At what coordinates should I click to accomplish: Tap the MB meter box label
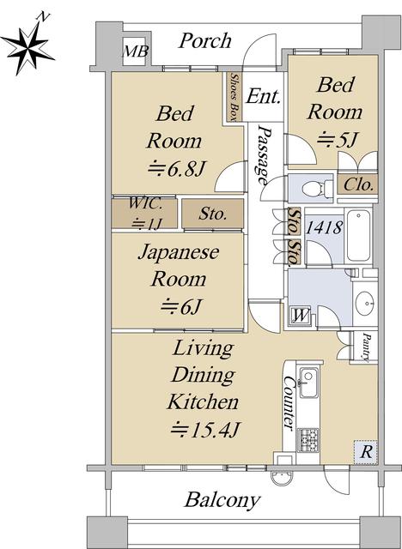pos(135,51)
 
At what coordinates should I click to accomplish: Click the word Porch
pos(204,41)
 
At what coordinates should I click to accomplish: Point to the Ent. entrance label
pos(263,96)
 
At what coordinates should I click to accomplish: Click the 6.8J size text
pos(175,169)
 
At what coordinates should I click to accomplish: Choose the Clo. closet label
pos(358,184)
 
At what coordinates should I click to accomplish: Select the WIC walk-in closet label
pos(145,214)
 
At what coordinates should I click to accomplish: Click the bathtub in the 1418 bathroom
pos(358,235)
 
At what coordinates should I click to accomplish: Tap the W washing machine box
pos(301,316)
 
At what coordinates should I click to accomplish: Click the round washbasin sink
pos(364,302)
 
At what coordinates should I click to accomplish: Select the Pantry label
pos(366,347)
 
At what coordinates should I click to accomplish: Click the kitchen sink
pos(308,383)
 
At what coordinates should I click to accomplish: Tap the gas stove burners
pos(308,440)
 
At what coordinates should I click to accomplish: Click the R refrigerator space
pos(366,452)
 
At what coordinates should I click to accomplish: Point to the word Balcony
pos(222,500)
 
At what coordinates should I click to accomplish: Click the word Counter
pos(289,403)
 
